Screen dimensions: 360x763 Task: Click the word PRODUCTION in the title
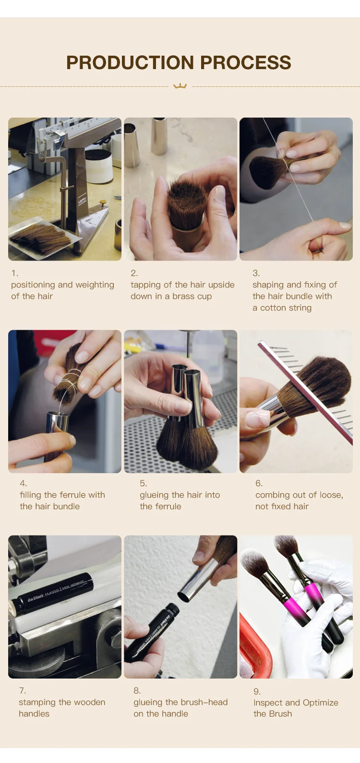(130, 62)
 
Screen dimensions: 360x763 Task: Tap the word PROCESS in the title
(246, 62)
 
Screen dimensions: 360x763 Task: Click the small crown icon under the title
(180, 86)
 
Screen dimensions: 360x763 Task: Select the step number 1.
(15, 273)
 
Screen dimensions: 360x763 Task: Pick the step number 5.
(144, 483)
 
